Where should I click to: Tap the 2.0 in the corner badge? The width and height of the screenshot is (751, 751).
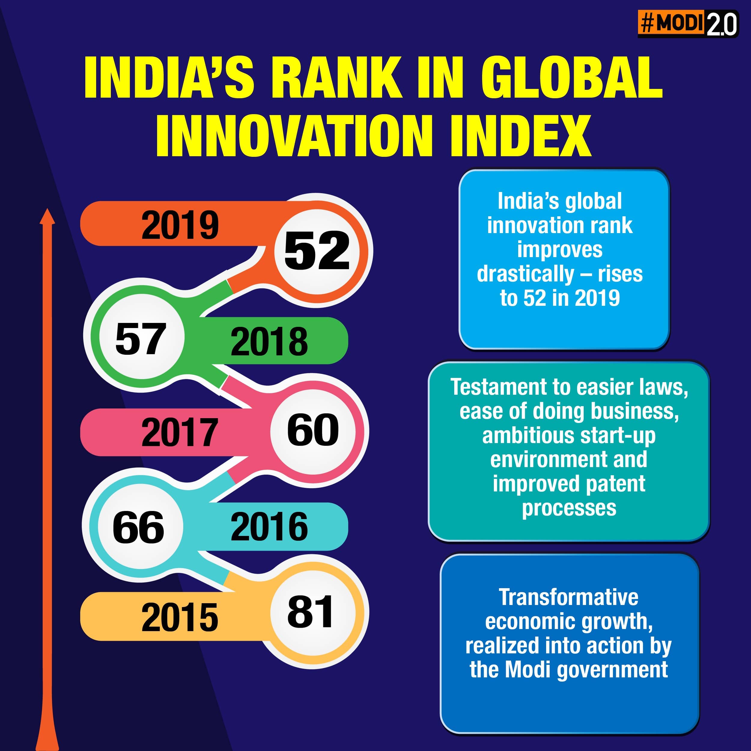pyautogui.click(x=722, y=24)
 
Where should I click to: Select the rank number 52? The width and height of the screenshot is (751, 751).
pyautogui.click(x=317, y=251)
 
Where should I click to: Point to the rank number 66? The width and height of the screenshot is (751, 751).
pyautogui.click(x=138, y=528)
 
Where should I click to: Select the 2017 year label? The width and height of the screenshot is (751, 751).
pyautogui.click(x=180, y=432)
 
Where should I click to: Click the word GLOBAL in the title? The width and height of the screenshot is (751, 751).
pyautogui.click(x=572, y=78)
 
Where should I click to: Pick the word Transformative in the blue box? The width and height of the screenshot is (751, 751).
pyautogui.click(x=568, y=597)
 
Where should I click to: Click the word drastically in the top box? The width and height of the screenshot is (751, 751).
pyautogui.click(x=525, y=274)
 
